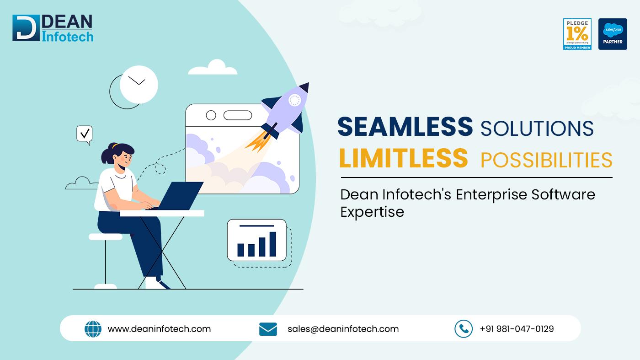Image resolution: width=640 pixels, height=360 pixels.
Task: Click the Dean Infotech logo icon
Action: pyautogui.click(x=26, y=28)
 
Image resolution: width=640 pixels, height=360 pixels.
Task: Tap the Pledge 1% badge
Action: pyautogui.click(x=577, y=34)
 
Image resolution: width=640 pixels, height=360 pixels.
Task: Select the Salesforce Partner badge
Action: pyautogui.click(x=613, y=34)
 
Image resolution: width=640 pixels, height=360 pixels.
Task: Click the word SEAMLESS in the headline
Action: pyautogui.click(x=405, y=127)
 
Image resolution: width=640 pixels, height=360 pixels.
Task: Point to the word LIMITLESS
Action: pyautogui.click(x=404, y=158)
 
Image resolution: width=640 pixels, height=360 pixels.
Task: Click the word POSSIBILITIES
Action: pyautogui.click(x=546, y=160)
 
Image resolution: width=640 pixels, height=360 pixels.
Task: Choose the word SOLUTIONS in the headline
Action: pyautogui.click(x=537, y=128)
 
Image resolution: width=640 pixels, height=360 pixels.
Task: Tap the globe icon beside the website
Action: pyautogui.click(x=93, y=329)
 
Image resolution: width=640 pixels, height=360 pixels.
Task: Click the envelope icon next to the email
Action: pyautogui.click(x=268, y=329)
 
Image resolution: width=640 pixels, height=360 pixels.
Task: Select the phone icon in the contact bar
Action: pyautogui.click(x=463, y=328)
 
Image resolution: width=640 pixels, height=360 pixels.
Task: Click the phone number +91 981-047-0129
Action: pyautogui.click(x=517, y=329)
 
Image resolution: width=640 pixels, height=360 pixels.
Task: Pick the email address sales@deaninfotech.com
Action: pyautogui.click(x=343, y=329)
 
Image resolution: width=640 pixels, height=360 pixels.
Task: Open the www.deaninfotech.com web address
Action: pyautogui.click(x=159, y=329)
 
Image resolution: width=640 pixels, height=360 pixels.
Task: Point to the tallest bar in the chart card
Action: pyautogui.click(x=272, y=244)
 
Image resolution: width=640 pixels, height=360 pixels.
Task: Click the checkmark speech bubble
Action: pyautogui.click(x=84, y=134)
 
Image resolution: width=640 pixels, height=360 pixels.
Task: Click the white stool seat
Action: pyautogui.click(x=106, y=236)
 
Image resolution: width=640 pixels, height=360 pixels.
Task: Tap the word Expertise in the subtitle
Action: pyautogui.click(x=372, y=212)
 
